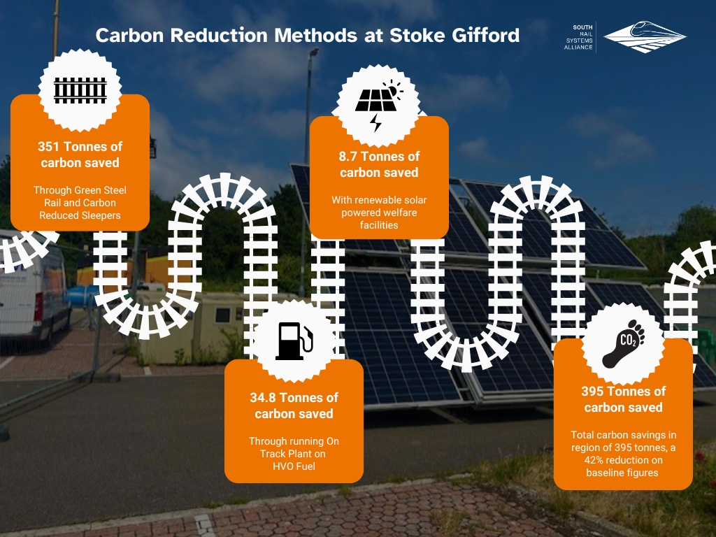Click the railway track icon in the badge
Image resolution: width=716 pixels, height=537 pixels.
(80, 90)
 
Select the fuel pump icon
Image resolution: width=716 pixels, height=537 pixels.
(294, 341)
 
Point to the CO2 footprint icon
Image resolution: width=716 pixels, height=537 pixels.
(623, 343)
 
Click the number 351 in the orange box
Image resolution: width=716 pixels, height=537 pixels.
(48, 147)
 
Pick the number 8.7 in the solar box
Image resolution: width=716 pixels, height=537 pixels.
(348, 157)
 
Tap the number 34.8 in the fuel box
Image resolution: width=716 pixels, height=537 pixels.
(263, 398)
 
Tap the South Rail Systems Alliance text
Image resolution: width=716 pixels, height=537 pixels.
(578, 37)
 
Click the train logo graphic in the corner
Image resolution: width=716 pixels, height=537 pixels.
(645, 36)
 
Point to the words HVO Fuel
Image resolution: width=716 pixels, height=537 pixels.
(294, 466)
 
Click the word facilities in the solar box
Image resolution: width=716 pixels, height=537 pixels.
(379, 225)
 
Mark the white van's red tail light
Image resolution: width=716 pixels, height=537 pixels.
(39, 306)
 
